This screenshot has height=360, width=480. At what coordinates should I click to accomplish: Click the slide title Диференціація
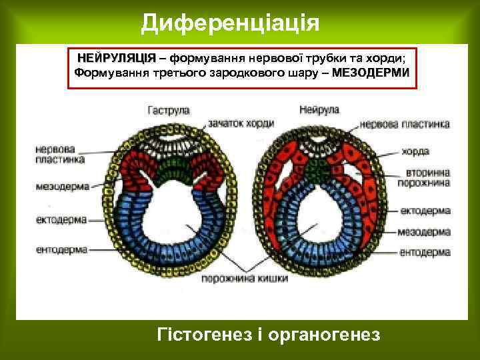pos(231,23)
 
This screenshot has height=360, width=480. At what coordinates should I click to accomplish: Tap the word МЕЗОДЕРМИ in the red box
pos(371,72)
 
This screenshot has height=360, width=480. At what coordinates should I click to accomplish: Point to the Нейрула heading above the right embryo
pos(320,109)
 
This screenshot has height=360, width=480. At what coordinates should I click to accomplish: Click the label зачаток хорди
pos(243,123)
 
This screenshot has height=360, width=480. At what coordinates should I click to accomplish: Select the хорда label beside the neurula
pos(415,151)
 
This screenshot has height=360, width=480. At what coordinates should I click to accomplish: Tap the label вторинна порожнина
pos(423,177)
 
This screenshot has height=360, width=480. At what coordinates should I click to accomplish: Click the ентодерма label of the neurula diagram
pos(425,253)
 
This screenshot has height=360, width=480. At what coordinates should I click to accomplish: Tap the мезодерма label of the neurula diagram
pos(425,232)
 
